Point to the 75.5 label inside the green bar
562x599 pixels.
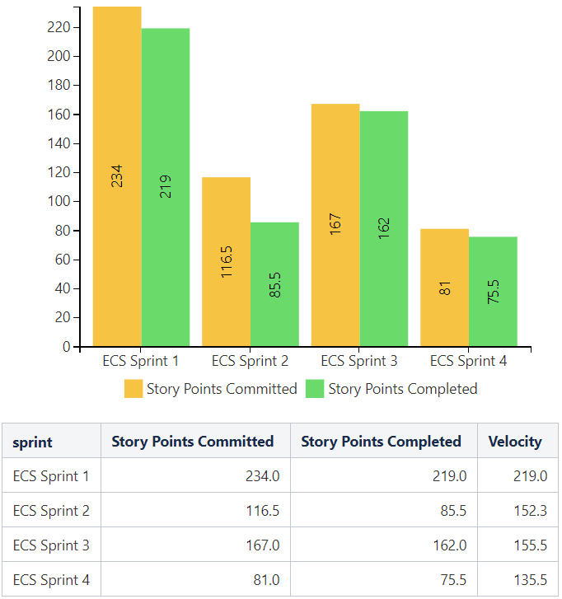[x=494, y=291]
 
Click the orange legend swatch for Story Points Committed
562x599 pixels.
[x=133, y=389]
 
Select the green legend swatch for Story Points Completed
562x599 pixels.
[x=315, y=389]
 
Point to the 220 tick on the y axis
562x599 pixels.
[x=59, y=27]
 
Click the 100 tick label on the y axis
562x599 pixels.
[x=59, y=201]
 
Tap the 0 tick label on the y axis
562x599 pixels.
[x=65, y=347]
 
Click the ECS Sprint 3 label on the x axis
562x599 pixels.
[x=359, y=361]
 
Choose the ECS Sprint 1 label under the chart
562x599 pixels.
[x=141, y=361]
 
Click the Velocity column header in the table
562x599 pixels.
[x=515, y=442]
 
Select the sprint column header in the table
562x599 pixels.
[x=33, y=442]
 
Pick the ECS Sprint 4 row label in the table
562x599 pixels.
[x=51, y=580]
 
